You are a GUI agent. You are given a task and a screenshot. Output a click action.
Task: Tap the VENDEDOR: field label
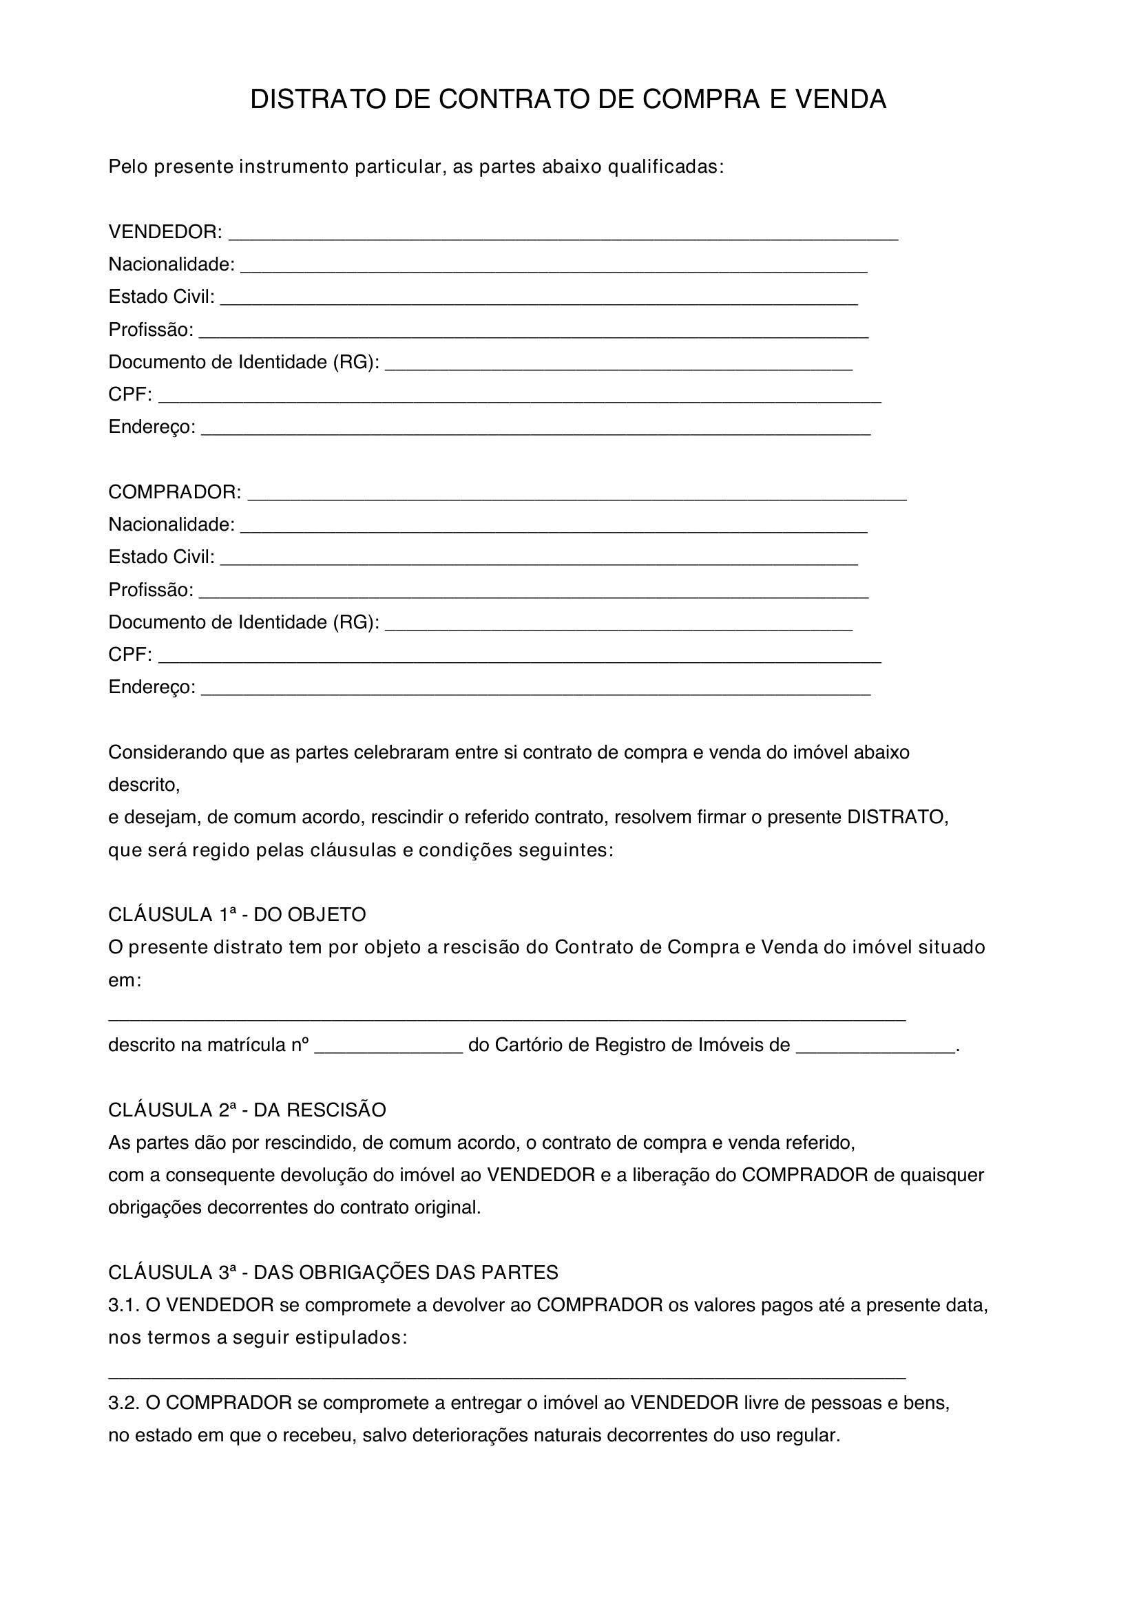pyautogui.click(x=165, y=231)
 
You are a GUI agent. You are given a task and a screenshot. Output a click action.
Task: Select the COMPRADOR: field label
pyautogui.click(x=175, y=492)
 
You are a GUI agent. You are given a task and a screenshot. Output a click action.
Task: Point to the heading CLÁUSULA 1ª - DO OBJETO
pyautogui.click(x=237, y=915)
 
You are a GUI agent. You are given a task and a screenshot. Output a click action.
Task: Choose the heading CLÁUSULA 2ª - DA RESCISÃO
pyautogui.click(x=247, y=1110)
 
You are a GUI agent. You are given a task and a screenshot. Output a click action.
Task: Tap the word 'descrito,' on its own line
pyautogui.click(x=144, y=785)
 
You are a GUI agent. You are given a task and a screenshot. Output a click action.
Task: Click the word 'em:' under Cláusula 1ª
pyautogui.click(x=125, y=981)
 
